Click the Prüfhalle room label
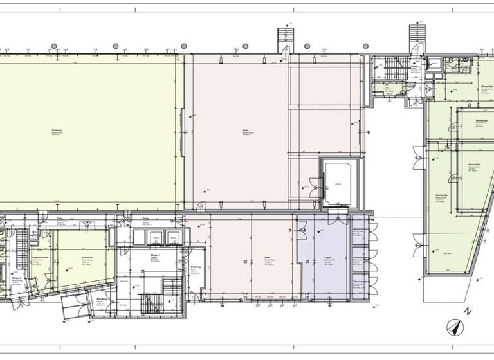click(57, 131)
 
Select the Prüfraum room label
click(85, 258)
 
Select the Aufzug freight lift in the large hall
click(336, 183)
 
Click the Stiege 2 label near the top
click(416, 66)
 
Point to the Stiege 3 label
click(17, 278)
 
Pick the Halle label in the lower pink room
click(265, 255)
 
